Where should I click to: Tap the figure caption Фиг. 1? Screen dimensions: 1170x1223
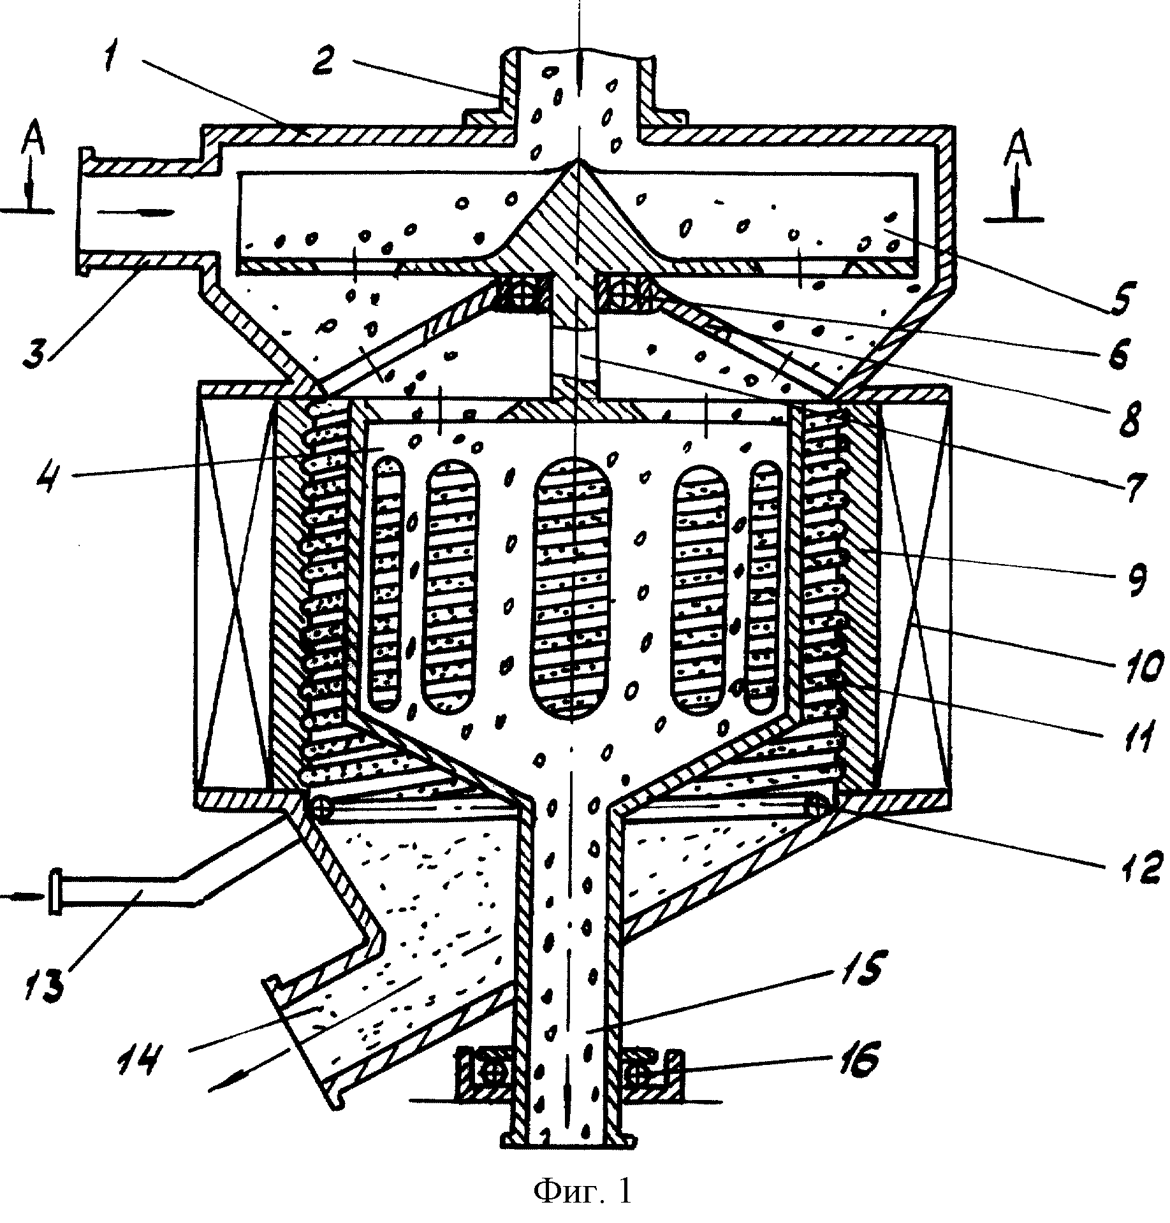[x=583, y=1190]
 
